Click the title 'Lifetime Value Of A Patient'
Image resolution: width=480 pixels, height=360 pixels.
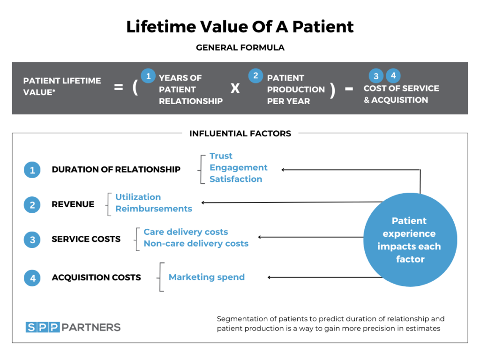(x=240, y=27)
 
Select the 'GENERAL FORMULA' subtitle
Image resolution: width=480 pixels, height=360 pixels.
(x=240, y=48)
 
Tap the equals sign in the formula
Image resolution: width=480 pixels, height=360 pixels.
(x=119, y=87)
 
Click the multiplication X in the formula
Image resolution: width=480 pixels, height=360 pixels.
(x=235, y=88)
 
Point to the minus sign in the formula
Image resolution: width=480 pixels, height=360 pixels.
(x=349, y=88)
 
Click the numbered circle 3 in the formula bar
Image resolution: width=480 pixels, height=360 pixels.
(x=376, y=76)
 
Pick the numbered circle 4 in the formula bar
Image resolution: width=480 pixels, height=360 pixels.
(x=393, y=76)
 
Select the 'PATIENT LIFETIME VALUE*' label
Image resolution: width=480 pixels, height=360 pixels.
(x=62, y=86)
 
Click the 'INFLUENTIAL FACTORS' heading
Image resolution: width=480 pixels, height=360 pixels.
(x=240, y=134)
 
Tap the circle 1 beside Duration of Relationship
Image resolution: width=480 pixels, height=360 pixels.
(x=32, y=170)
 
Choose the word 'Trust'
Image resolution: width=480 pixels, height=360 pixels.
(x=221, y=156)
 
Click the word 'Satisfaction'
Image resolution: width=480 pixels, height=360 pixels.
(x=236, y=179)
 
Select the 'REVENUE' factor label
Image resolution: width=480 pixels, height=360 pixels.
(x=73, y=204)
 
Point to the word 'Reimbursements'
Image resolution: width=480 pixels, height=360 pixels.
(x=154, y=209)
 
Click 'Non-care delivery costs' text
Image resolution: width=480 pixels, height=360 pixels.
(x=196, y=243)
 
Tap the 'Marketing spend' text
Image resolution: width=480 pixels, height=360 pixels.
(x=207, y=277)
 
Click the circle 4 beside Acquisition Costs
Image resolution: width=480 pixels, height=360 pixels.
(x=32, y=278)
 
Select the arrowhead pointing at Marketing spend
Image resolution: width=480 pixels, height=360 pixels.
(x=270, y=277)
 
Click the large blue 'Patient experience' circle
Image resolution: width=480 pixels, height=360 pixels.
(x=410, y=240)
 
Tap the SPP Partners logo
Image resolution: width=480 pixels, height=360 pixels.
(x=73, y=327)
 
